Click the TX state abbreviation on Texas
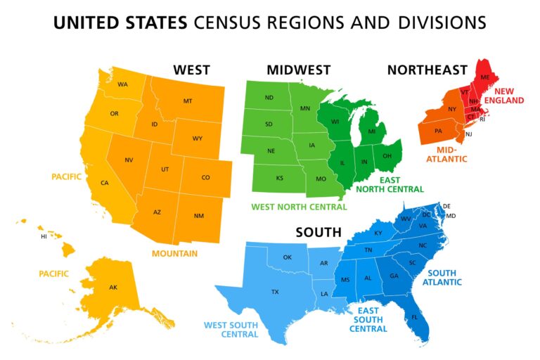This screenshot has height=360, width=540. (275, 291)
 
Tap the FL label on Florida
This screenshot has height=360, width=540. (414, 316)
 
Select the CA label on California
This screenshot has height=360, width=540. (105, 183)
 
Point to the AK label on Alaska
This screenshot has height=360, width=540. (113, 287)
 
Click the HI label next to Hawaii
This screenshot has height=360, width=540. (44, 236)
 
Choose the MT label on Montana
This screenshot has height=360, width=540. (188, 101)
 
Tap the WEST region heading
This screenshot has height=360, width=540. (192, 70)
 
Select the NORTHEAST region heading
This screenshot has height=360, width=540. (427, 70)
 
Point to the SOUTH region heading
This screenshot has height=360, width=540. (319, 232)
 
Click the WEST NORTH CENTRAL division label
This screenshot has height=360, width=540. (299, 207)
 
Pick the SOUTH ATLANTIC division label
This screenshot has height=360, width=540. (442, 277)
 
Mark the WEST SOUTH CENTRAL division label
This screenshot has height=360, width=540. (231, 330)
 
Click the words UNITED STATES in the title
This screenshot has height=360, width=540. (121, 22)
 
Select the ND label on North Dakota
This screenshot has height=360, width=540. (269, 98)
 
